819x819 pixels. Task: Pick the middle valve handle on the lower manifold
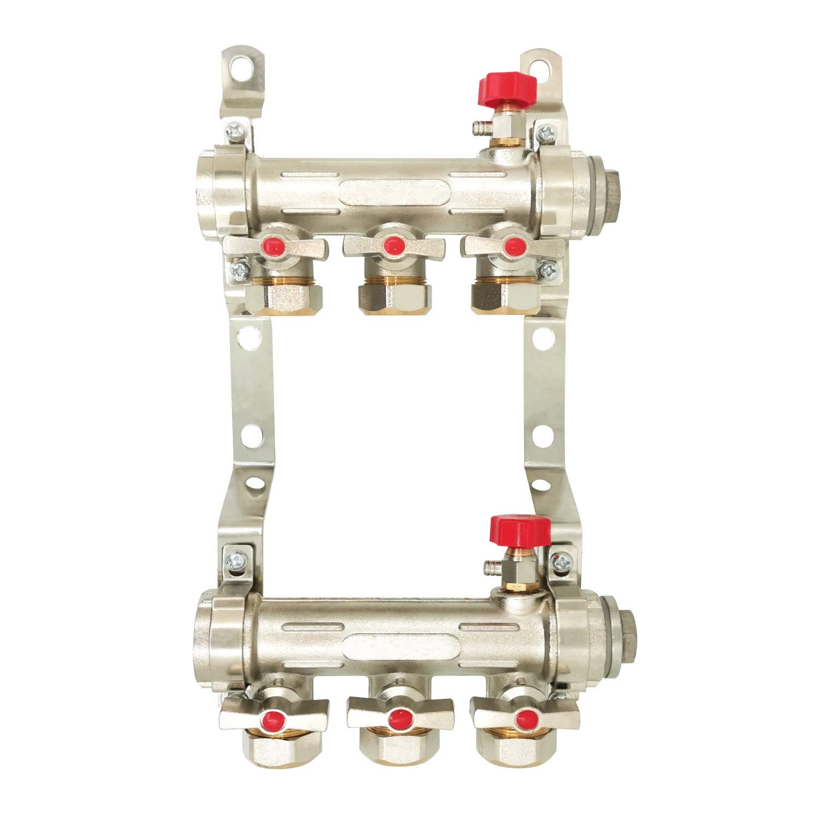(x=400, y=713)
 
